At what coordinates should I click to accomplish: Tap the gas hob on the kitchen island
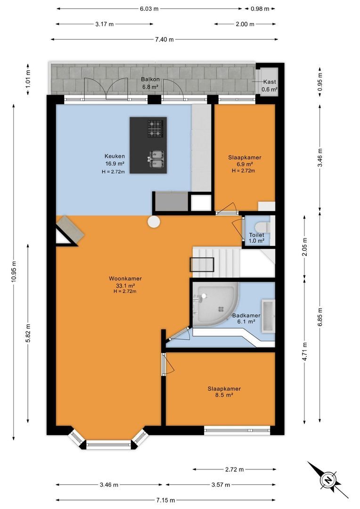[x=155, y=128]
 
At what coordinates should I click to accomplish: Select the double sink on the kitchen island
[x=156, y=159]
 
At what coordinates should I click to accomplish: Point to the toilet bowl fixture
[x=262, y=226]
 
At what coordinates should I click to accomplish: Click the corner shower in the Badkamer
[x=214, y=304]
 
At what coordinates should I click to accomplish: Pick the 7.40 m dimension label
[x=164, y=40]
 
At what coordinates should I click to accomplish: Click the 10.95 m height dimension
[x=14, y=271]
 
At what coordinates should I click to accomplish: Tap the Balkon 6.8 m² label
[x=150, y=83]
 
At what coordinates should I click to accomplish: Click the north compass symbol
[x=328, y=480]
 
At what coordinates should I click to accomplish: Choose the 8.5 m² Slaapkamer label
[x=224, y=392]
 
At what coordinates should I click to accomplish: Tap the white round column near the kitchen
[x=154, y=222]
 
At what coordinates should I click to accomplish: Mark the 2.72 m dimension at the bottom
[x=234, y=469]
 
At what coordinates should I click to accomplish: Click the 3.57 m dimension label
[x=221, y=485]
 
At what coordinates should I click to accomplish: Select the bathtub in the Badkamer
[x=269, y=316]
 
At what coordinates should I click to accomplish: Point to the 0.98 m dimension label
[x=260, y=9]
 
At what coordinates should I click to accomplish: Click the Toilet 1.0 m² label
[x=256, y=238]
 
